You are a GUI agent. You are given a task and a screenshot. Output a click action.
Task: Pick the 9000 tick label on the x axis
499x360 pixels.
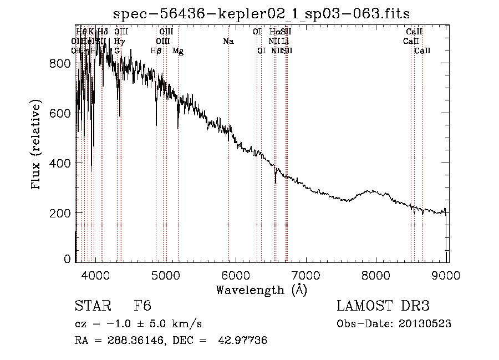(447, 275)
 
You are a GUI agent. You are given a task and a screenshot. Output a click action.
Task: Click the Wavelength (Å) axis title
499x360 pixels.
(261, 290)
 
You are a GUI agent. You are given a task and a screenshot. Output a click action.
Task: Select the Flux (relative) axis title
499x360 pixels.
(37, 145)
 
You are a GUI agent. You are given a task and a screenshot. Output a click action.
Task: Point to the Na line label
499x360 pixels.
(228, 41)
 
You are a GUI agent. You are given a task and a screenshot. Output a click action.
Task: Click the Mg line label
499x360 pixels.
(178, 51)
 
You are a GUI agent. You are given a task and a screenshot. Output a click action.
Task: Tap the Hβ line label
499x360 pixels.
(156, 51)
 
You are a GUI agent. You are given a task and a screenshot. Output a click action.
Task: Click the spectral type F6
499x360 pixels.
(142, 306)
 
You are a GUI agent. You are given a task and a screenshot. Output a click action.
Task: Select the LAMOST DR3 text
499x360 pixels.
(383, 306)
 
